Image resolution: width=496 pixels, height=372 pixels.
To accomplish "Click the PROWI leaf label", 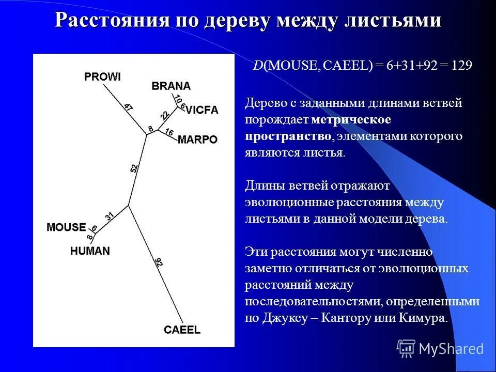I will (x=102, y=77).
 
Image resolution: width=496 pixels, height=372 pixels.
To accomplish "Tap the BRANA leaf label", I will (x=171, y=86).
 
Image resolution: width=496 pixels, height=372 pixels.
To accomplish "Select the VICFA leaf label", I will (x=202, y=110).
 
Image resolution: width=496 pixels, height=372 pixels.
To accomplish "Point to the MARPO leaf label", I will (x=197, y=139).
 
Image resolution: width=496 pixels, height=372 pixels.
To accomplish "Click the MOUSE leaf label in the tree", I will (x=66, y=227).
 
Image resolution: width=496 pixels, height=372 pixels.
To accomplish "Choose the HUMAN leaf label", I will (x=90, y=251).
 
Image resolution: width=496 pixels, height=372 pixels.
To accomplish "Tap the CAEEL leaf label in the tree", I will (x=182, y=330).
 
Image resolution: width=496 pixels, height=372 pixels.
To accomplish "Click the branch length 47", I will (x=128, y=108).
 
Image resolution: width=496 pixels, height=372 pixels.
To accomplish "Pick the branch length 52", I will (x=134, y=168).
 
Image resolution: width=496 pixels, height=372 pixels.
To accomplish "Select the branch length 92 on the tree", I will (x=159, y=262).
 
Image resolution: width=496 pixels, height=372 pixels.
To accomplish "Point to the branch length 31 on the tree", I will (x=109, y=217).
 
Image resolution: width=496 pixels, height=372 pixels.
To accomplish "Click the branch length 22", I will (x=165, y=115).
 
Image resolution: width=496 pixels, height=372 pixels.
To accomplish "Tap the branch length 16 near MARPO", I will (x=169, y=132).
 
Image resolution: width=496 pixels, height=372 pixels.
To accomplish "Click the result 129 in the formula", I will (x=461, y=66).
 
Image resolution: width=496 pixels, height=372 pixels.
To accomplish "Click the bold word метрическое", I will (x=351, y=120).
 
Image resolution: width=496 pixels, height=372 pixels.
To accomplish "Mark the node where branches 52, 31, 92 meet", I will (x=128, y=206).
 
